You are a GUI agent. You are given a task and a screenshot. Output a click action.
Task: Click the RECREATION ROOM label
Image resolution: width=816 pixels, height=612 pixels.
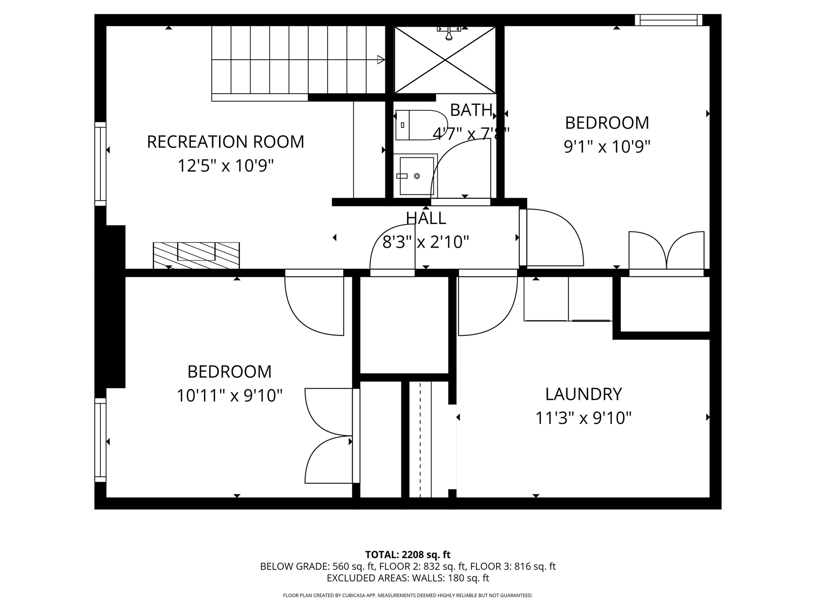226,142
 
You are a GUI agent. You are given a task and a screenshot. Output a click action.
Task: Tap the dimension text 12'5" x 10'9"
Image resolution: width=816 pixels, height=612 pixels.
226,166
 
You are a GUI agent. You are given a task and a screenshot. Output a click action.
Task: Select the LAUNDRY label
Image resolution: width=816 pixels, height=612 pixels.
583,394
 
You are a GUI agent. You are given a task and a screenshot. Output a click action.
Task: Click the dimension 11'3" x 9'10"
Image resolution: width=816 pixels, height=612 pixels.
583,418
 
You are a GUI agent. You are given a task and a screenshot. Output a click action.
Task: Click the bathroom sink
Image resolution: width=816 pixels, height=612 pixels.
416,176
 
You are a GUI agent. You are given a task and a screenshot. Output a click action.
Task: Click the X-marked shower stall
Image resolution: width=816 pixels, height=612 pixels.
445,60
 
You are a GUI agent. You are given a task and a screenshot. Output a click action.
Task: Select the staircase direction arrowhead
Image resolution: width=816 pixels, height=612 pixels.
381,60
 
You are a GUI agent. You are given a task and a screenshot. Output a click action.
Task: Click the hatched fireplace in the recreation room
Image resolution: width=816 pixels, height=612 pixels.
196,255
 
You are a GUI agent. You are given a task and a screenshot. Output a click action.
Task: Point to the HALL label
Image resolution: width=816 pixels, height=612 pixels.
426,218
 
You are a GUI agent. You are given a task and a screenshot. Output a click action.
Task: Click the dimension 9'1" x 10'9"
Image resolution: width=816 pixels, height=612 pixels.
607,147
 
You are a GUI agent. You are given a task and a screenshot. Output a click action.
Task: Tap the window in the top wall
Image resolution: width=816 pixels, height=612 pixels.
668,20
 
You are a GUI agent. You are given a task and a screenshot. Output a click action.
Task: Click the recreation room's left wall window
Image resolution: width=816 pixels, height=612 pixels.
100,164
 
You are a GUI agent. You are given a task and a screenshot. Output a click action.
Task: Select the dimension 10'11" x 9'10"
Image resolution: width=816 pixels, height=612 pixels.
229,396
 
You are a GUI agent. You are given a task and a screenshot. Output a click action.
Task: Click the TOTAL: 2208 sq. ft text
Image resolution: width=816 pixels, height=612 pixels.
408,555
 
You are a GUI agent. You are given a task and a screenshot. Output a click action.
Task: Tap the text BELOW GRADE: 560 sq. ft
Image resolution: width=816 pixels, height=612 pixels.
317,566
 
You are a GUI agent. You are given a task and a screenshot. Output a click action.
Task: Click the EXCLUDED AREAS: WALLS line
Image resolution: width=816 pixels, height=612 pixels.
408,578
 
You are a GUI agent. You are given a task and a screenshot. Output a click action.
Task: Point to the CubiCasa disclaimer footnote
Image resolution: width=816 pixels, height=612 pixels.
408,595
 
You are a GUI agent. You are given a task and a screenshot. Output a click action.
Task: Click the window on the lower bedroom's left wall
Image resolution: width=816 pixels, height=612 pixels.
100,440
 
